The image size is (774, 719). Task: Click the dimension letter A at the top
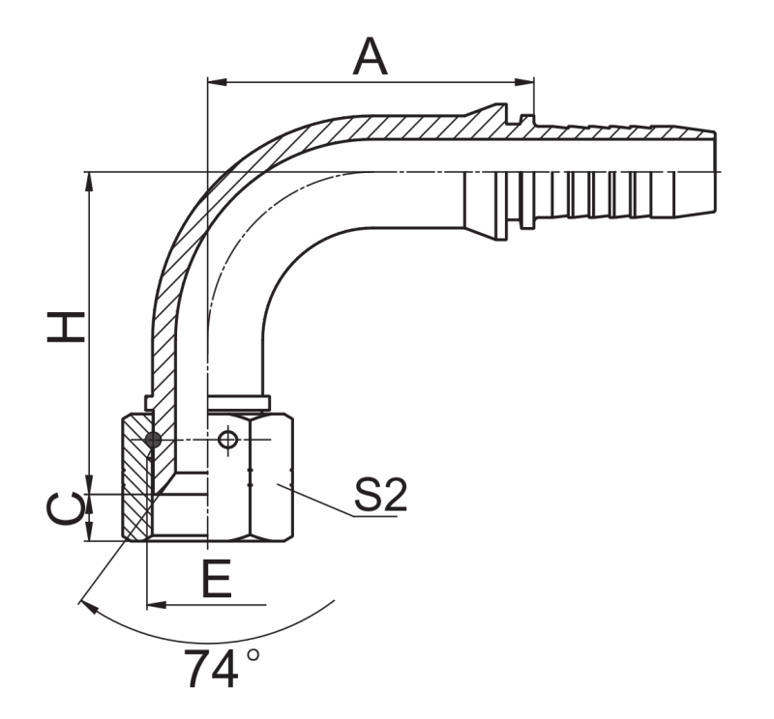point(371,57)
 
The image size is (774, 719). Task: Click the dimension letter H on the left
point(66,327)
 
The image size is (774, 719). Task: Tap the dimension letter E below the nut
point(217,578)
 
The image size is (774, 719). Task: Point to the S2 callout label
point(380,495)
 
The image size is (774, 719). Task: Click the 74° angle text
point(223,668)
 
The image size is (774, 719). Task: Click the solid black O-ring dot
point(153,440)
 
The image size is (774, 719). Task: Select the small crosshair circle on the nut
point(227,439)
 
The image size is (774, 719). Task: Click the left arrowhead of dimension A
point(217,82)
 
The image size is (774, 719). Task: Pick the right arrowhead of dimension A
point(524,82)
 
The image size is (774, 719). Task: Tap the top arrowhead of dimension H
point(89,182)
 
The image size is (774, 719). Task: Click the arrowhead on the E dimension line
point(157,605)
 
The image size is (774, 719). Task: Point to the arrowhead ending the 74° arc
point(87,607)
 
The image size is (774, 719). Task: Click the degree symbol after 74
point(253,655)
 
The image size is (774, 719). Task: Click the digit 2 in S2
point(395,495)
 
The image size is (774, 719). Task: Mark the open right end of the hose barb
point(715,172)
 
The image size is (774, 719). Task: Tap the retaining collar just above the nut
point(207,402)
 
